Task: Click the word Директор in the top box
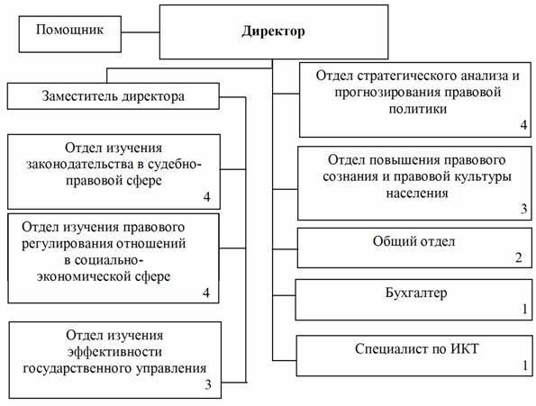click(273, 32)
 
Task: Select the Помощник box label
click(69, 30)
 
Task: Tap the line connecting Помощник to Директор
click(141, 32)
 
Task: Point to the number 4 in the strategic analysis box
click(523, 125)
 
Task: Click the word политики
click(418, 109)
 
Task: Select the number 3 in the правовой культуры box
click(524, 208)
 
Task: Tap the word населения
click(417, 194)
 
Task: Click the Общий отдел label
click(414, 241)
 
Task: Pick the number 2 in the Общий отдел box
click(519, 257)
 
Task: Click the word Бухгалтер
click(416, 293)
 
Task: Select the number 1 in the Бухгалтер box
click(525, 309)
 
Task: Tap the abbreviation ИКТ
click(465, 348)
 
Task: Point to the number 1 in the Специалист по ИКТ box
click(525, 365)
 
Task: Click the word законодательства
click(80, 165)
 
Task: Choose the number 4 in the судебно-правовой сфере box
click(207, 197)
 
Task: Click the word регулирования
click(68, 244)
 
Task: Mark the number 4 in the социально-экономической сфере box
click(206, 293)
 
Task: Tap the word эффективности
click(114, 352)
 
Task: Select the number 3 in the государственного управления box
click(208, 384)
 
